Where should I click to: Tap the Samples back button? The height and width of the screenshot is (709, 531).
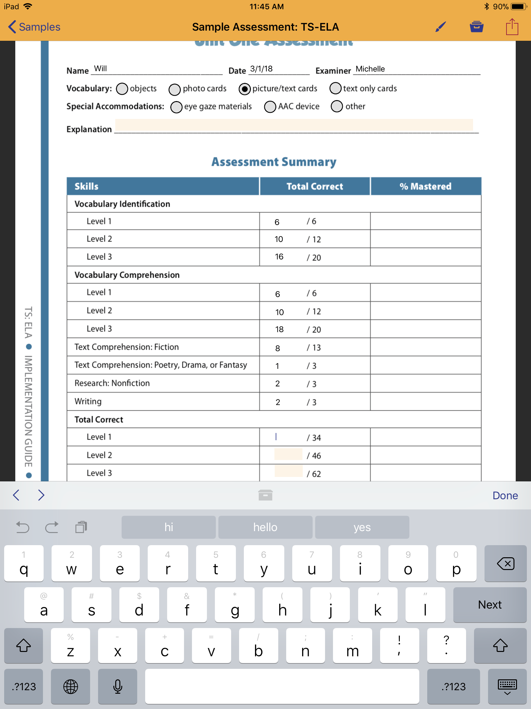click(34, 27)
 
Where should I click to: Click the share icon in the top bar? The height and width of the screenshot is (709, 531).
click(512, 26)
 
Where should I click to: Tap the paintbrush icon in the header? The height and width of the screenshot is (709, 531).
click(441, 27)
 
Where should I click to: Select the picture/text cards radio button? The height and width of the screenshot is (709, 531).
click(244, 89)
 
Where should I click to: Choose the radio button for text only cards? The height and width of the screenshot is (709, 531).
click(335, 88)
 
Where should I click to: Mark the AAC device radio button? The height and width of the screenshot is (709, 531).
click(270, 107)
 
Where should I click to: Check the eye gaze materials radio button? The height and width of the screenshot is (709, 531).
click(176, 107)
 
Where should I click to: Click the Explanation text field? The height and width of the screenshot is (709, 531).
click(294, 125)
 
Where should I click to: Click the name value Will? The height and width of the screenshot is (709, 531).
click(101, 69)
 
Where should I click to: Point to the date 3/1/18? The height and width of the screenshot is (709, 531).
click(261, 69)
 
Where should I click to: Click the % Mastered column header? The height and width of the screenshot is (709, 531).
click(425, 186)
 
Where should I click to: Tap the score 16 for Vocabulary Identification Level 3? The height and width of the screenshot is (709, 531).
click(279, 257)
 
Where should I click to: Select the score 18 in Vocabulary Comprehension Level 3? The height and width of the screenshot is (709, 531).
click(279, 330)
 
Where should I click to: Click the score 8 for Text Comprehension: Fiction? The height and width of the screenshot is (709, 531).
click(278, 348)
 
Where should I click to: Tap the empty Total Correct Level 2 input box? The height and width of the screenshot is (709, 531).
click(288, 455)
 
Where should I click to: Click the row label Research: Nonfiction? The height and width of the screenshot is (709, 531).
click(112, 383)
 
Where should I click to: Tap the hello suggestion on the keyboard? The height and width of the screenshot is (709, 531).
click(265, 527)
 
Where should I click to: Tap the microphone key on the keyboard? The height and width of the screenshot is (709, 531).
click(118, 686)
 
